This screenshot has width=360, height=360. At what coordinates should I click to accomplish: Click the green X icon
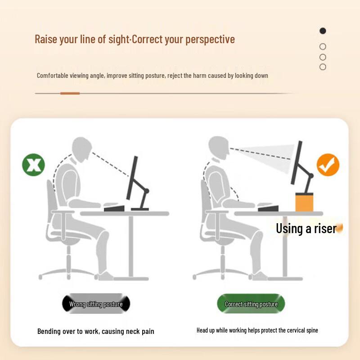tap(33, 165)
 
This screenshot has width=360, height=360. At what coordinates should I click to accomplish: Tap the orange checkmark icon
tap(328, 165)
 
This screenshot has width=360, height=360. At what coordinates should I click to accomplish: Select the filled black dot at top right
tap(323, 31)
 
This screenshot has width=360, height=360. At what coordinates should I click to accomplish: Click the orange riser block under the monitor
tap(304, 202)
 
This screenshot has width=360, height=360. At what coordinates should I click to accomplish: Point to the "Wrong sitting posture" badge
tap(96, 304)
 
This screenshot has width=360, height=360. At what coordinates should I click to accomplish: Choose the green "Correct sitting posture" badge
tap(251, 304)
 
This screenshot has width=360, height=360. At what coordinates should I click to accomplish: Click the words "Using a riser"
tap(306, 229)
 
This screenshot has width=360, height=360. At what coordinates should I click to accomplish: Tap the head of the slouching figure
tap(82, 149)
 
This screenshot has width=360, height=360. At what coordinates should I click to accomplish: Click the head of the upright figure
tap(219, 148)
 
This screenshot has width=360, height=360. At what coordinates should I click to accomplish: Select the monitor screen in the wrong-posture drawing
tap(132, 178)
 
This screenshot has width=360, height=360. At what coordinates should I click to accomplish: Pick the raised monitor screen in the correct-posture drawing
tap(297, 162)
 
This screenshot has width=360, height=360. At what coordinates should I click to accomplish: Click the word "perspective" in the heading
tap(210, 40)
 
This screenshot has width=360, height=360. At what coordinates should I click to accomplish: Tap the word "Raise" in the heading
tap(46, 39)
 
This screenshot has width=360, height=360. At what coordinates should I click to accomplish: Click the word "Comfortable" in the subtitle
tap(53, 76)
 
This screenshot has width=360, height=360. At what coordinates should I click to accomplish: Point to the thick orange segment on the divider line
tap(70, 93)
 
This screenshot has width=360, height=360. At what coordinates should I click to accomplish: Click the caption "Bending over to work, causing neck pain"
tap(96, 331)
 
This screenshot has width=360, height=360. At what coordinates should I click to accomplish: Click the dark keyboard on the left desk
tap(114, 209)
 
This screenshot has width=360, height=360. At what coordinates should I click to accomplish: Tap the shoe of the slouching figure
tap(106, 276)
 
